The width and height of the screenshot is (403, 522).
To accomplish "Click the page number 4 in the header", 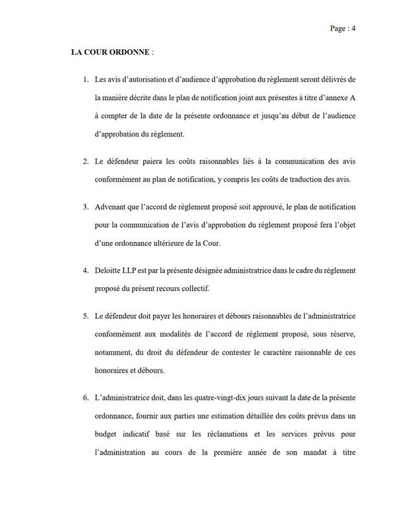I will coord(354,28).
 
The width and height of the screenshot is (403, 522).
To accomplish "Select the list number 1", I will coord(85,80).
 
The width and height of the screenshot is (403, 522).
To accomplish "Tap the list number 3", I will coord(85,207).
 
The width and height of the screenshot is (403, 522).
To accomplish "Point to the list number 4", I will coord(85,269).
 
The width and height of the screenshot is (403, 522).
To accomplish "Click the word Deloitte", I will coord(109,269).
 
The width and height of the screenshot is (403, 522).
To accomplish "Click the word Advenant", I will coord(113,207).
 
